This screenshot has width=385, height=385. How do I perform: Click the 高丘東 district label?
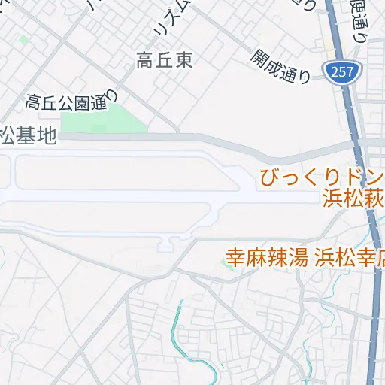tap(165, 62)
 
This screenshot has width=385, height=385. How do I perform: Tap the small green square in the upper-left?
tap(24, 39)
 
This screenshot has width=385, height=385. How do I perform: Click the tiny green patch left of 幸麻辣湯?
tap(228, 266)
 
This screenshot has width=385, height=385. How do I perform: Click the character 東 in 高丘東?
tap(183, 62)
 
